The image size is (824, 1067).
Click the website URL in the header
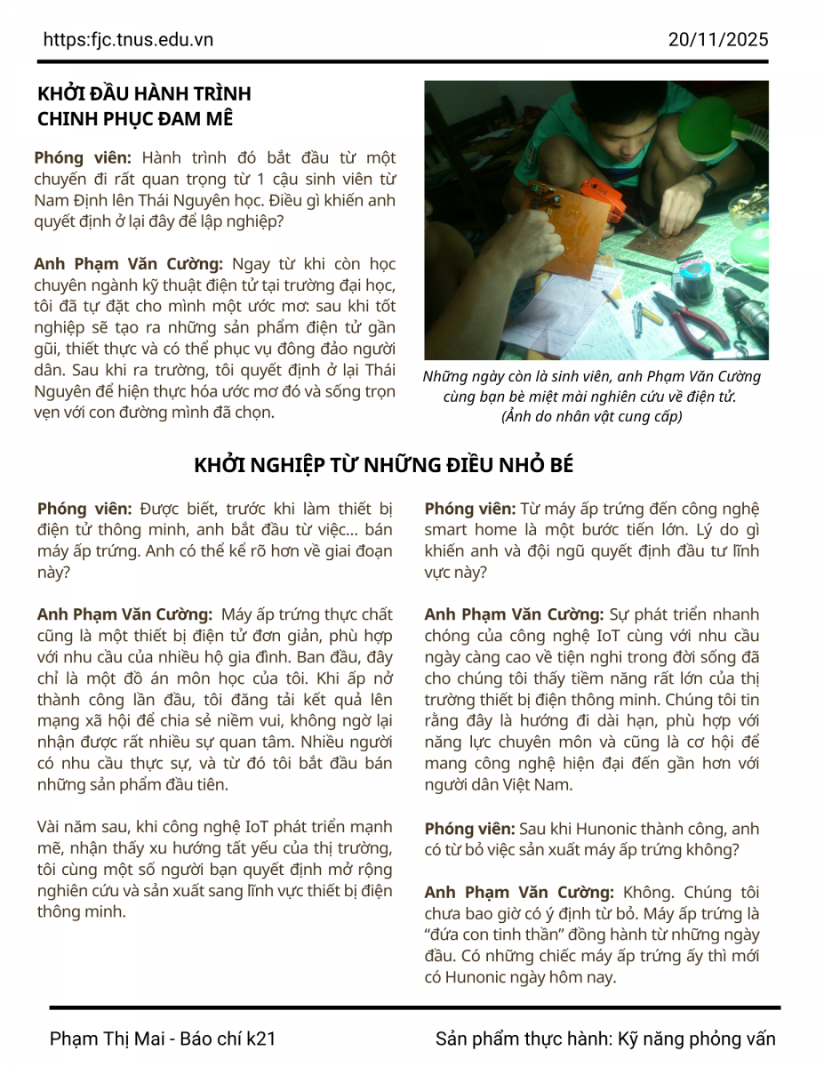pyautogui.click(x=128, y=40)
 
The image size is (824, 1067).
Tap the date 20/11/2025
pyautogui.click(x=718, y=40)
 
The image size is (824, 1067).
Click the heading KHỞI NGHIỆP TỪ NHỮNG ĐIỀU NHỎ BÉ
pyautogui.click(x=384, y=466)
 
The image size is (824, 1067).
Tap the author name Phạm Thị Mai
pyautogui.click(x=108, y=1039)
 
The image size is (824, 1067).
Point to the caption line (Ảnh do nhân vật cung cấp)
pyautogui.click(x=591, y=416)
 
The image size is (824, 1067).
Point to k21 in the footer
pyautogui.click(x=261, y=1039)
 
